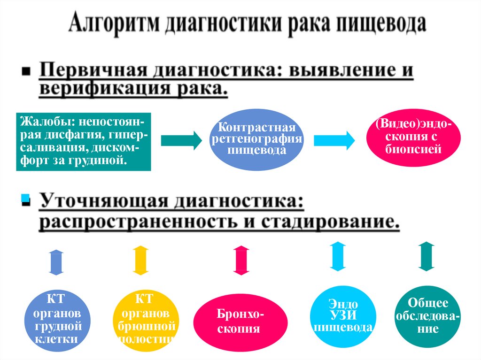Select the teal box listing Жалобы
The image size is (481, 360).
coord(83,141)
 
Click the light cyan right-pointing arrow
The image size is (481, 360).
coord(334,140)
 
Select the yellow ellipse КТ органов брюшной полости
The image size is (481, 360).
coord(145,319)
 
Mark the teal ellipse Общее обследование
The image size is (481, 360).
coord(427,315)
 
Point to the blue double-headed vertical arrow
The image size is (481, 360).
coord(56,262)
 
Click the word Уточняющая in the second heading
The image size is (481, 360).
coord(101,202)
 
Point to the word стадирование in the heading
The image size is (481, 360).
coord(324,221)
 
